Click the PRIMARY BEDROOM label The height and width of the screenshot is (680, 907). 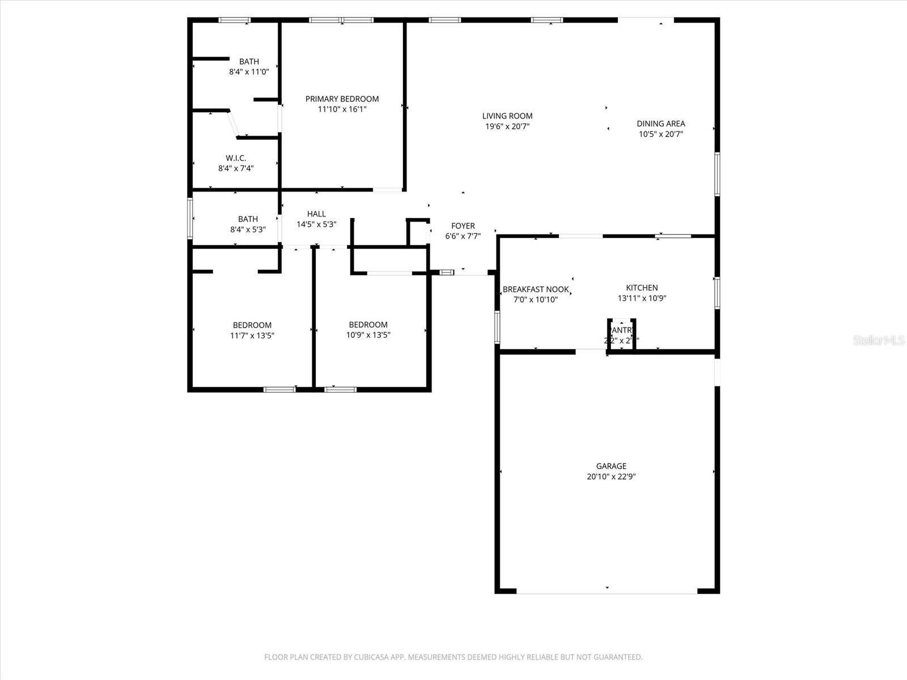(342, 99)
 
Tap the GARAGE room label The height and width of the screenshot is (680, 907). (611, 466)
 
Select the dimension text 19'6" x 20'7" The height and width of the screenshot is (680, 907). (507, 126)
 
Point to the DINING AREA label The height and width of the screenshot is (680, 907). (660, 124)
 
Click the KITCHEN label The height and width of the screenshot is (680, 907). (642, 288)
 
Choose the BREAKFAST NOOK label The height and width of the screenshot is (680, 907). (535, 290)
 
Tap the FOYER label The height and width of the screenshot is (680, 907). (463, 226)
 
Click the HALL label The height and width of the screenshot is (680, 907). (316, 214)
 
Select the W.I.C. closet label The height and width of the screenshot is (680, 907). (236, 158)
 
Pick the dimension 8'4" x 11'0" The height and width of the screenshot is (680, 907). (249, 72)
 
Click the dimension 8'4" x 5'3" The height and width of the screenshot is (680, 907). (248, 229)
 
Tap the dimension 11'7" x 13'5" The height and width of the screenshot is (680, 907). (252, 335)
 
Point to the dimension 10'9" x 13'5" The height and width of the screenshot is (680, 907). (368, 335)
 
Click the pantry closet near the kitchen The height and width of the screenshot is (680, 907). (621, 334)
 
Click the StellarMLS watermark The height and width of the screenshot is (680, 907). (879, 340)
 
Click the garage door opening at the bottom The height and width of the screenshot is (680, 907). (607, 592)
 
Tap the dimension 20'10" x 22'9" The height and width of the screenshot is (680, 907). (611, 477)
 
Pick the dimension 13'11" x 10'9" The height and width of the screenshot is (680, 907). (642, 298)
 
